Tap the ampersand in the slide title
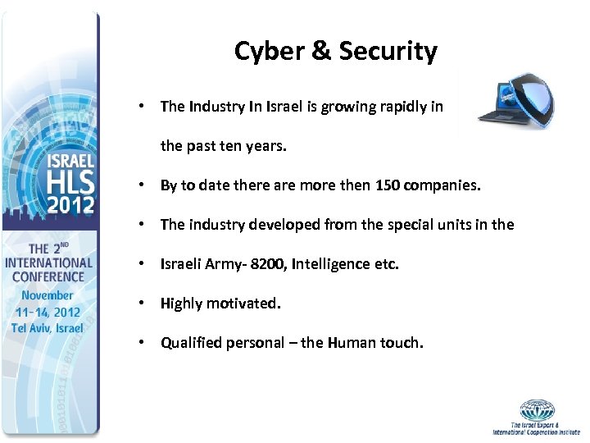(x=321, y=51)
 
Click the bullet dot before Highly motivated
(x=143, y=303)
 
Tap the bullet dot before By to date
(x=143, y=185)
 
